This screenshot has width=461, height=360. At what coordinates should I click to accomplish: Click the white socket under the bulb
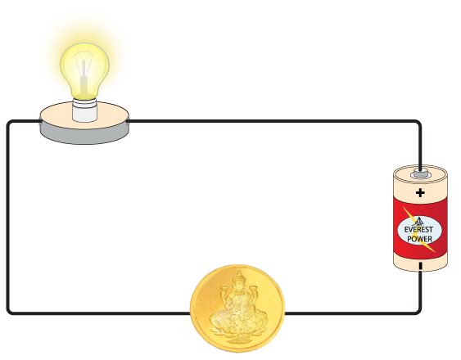[x=84, y=110]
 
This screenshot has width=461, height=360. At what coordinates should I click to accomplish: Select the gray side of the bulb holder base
[x=84, y=134]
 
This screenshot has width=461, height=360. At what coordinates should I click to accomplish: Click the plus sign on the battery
[x=420, y=193]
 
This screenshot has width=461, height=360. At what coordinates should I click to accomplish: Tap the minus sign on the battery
[x=420, y=266]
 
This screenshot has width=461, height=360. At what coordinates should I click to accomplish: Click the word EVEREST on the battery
[x=418, y=229]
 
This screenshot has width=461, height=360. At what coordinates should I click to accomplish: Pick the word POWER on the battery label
[x=419, y=239]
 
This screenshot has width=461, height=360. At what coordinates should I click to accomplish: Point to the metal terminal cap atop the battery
[x=421, y=173]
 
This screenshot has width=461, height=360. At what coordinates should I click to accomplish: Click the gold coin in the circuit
[x=237, y=308]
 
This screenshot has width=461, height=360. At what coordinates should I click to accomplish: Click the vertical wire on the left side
[x=8, y=217]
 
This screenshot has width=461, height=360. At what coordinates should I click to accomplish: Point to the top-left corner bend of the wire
[x=10, y=123]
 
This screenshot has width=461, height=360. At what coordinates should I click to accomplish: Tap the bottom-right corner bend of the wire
[x=418, y=311]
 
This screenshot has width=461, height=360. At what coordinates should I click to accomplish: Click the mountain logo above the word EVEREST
[x=418, y=221]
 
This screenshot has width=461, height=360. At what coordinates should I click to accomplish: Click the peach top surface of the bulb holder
[x=84, y=115]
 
